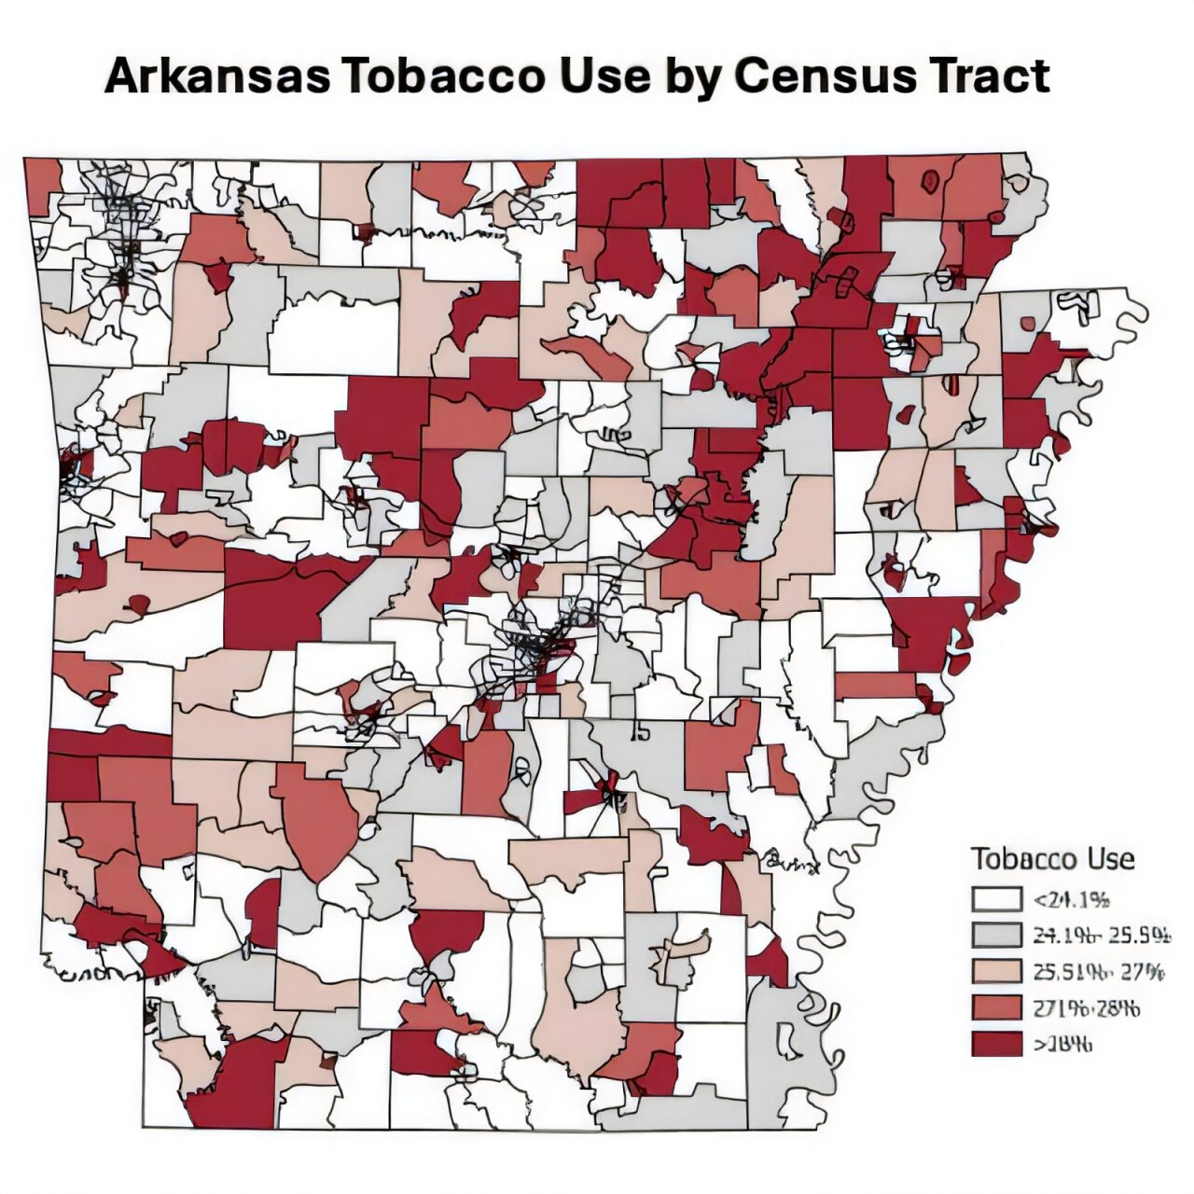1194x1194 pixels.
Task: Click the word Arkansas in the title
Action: click(x=216, y=76)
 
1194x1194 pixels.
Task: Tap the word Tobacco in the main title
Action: click(x=445, y=76)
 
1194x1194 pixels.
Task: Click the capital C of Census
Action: click(x=755, y=76)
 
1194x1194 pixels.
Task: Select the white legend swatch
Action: click(x=996, y=899)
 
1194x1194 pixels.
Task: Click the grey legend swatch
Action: click(x=996, y=936)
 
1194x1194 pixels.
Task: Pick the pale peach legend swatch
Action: click(x=996, y=972)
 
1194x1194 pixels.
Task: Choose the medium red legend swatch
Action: click(x=996, y=1008)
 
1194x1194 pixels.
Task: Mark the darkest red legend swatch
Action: click(x=996, y=1044)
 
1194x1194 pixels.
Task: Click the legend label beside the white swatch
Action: click(x=1072, y=899)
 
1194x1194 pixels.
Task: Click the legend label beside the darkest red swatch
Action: click(x=1062, y=1044)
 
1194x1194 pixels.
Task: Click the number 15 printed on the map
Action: click(x=640, y=732)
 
